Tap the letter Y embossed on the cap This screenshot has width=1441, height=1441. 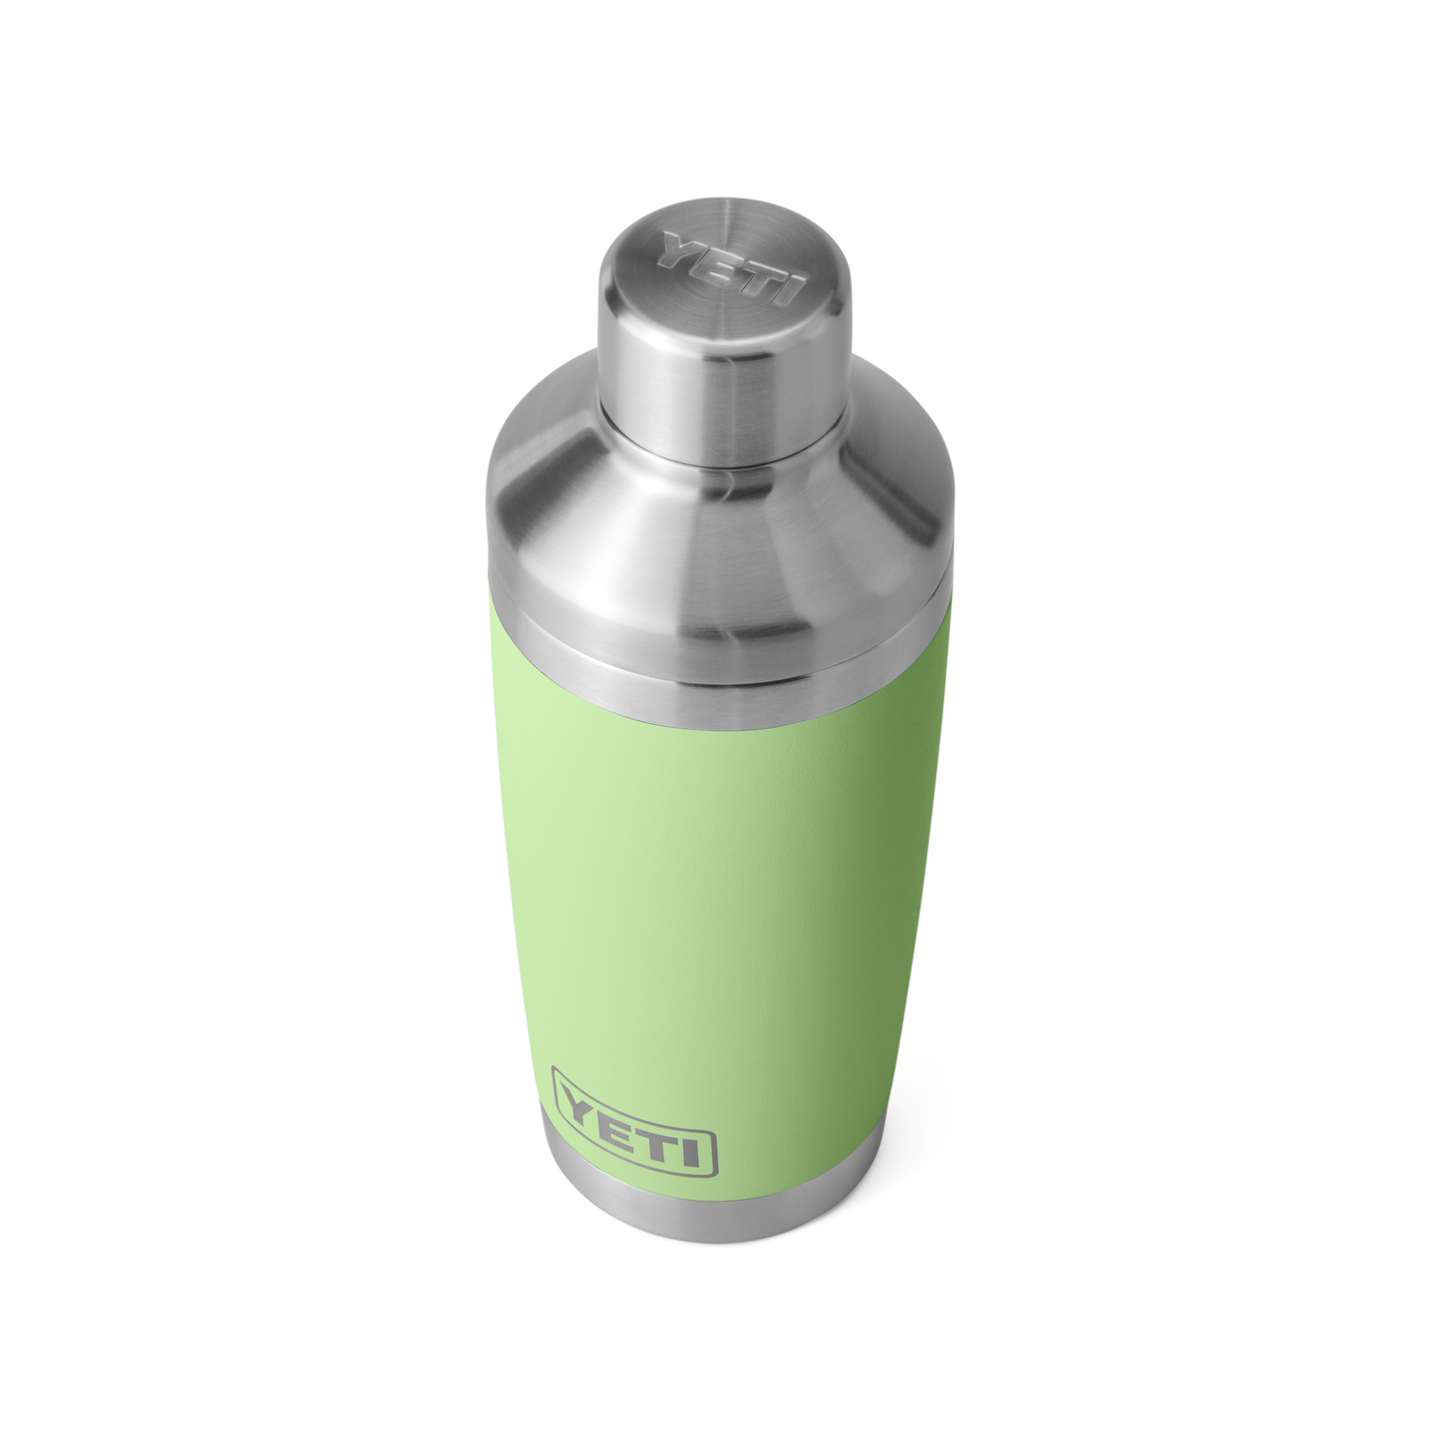click(x=681, y=247)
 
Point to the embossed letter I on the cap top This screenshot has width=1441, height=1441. click(x=791, y=291)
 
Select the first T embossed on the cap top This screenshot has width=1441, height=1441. click(x=758, y=276)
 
